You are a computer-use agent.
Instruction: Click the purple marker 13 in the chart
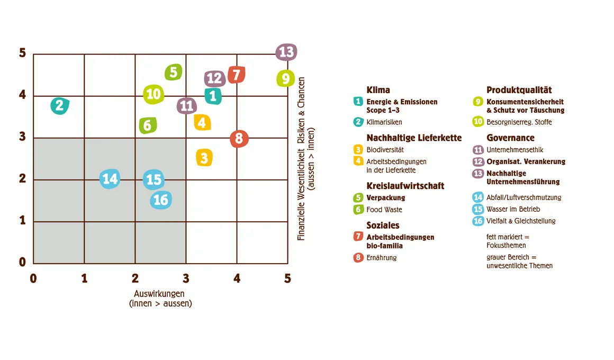(x=286, y=52)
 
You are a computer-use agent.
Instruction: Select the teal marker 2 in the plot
(x=60, y=105)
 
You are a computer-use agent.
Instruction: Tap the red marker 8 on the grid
(x=239, y=139)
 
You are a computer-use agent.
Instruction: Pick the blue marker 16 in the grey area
(x=160, y=200)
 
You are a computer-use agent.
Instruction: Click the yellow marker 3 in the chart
(x=204, y=157)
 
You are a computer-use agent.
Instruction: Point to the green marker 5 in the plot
(x=173, y=72)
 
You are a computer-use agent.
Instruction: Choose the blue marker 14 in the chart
(x=110, y=179)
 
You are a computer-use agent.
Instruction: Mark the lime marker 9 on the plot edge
(x=286, y=79)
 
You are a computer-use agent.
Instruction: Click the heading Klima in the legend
(x=378, y=90)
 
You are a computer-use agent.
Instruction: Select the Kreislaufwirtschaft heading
(x=405, y=186)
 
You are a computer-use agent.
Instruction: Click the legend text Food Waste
(x=384, y=210)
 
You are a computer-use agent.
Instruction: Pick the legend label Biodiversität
(x=385, y=150)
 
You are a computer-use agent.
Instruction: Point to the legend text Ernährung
(x=381, y=258)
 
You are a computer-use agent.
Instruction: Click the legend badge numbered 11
(x=478, y=150)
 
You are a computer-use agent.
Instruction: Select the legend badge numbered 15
(x=478, y=209)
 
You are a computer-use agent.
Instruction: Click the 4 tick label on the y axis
(x=22, y=95)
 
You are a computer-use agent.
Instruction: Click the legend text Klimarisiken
(x=384, y=122)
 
